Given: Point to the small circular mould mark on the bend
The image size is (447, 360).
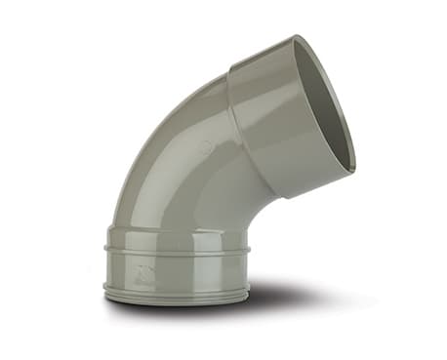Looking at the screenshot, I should click(x=206, y=147).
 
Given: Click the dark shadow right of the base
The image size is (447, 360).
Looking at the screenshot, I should click(x=293, y=293).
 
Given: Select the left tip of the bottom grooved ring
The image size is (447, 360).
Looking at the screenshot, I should click(x=102, y=288).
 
